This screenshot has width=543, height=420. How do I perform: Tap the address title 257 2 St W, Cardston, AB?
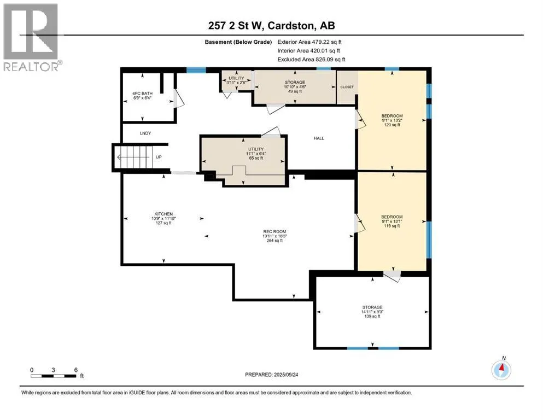coord(271,26)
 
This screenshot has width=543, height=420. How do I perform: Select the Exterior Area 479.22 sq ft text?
coord(310,42)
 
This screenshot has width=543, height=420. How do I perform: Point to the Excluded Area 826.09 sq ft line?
coord(311,59)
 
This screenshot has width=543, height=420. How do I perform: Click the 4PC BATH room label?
coord(142,96)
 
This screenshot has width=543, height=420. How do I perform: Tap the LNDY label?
coord(145,133)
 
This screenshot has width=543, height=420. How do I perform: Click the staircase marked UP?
coord(135,157)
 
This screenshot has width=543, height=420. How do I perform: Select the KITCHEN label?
coord(164,219)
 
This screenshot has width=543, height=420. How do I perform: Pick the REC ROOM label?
coord(275,236)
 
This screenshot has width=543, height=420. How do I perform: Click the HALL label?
coord(319,138)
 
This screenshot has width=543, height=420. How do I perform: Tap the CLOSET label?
coord(347,87)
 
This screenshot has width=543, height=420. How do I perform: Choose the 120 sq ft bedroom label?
coord(392,120)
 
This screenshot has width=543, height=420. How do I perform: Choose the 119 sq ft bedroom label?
coord(392,221)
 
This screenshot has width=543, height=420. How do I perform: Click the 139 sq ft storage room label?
coord(372,312)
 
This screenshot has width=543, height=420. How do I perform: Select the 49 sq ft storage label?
coord(295,86)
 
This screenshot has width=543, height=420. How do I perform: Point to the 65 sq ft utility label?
coord(256,153)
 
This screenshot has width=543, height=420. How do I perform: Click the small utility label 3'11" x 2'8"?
coord(236,80)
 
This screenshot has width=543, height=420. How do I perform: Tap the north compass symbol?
coord(501,370)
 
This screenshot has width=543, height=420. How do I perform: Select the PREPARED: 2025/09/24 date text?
coord(271,375)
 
